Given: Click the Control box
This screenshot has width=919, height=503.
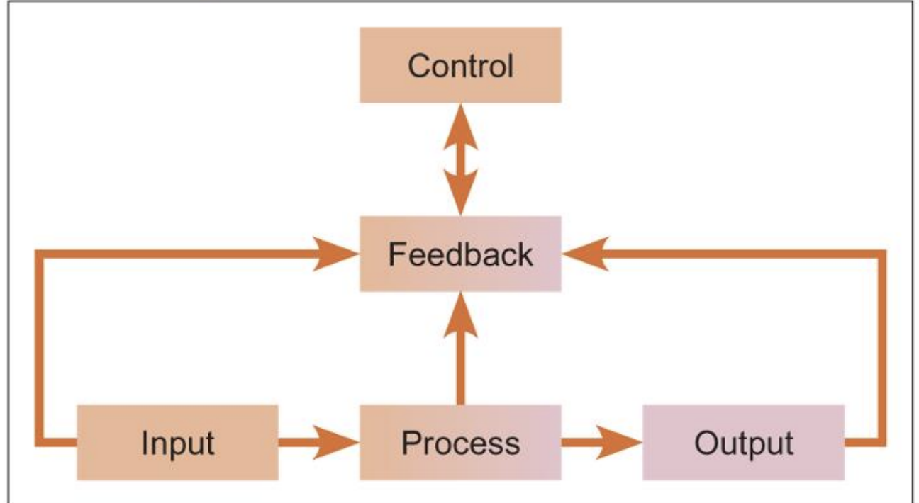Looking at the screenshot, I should pos(460,65).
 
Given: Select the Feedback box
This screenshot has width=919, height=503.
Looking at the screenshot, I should pos(460,254).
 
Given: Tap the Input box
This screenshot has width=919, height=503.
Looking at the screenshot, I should pos(177,443).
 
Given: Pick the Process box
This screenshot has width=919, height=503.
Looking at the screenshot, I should pos(460,443).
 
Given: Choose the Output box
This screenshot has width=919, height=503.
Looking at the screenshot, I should pos(743,443).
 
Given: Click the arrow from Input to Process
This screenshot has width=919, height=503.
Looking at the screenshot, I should pos(319,443).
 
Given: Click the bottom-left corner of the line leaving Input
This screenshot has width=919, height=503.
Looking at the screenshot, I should pos(40,443).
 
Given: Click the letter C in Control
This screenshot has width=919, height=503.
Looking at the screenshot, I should pos(418,66).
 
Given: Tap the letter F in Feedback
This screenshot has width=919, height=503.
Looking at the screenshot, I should pos(395,254).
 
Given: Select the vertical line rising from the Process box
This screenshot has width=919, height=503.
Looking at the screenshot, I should pos(460,368).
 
